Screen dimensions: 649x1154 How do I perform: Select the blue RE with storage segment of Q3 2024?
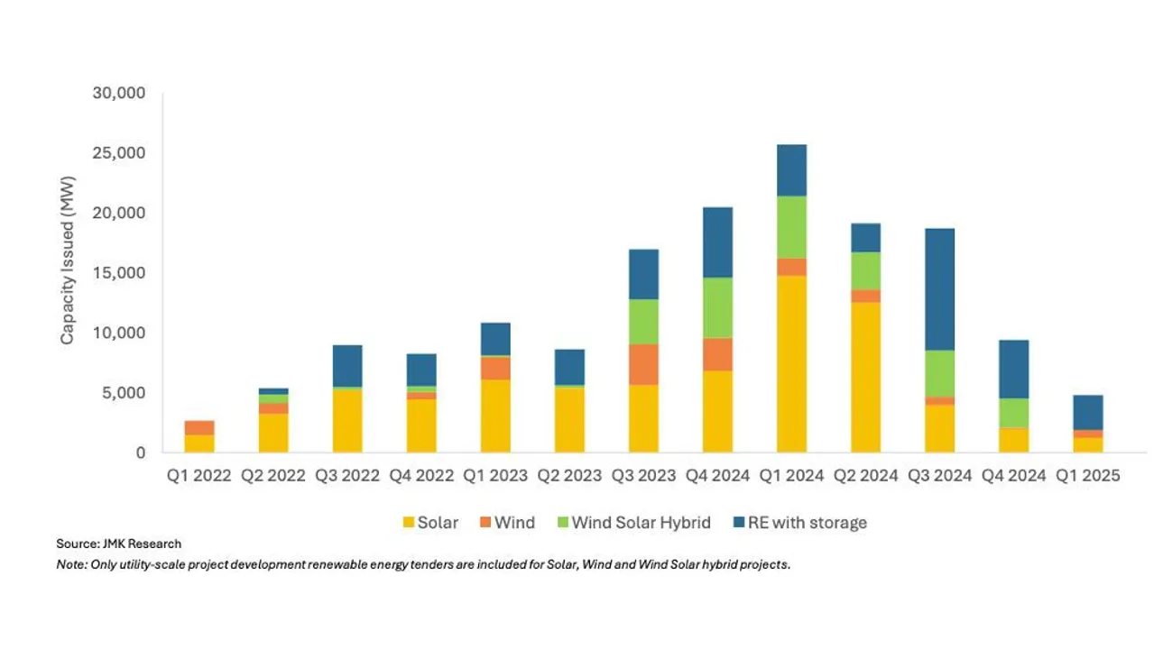coord(939,289)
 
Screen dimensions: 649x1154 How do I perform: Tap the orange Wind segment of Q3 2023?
coord(643,364)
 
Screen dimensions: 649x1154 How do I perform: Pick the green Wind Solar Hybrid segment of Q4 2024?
coord(1013,412)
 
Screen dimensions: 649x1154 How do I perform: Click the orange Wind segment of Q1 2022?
coord(199,427)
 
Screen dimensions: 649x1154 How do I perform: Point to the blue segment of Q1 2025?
coord(1087,412)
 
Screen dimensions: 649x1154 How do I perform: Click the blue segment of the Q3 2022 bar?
coord(347,366)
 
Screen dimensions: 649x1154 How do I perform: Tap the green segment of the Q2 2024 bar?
coord(865,270)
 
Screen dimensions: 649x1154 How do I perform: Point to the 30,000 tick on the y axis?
coord(119,94)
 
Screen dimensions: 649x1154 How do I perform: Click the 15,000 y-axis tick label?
coord(119,273)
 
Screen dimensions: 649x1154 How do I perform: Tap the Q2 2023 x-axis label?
coord(569,476)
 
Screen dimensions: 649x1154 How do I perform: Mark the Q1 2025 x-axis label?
coord(1087,476)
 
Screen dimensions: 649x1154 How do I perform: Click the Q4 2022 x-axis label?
coord(421,476)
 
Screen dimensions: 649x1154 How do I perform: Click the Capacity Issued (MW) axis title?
coord(68,261)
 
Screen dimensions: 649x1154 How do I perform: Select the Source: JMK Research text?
coord(118,544)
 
